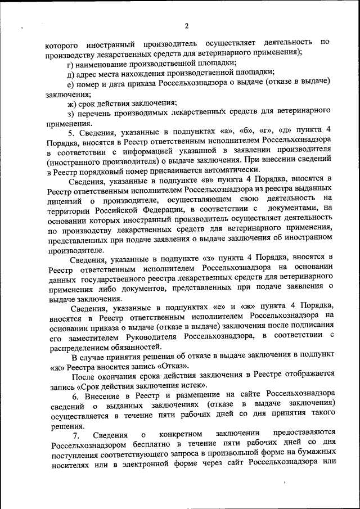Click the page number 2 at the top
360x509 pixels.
pyautogui.click(x=186, y=25)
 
